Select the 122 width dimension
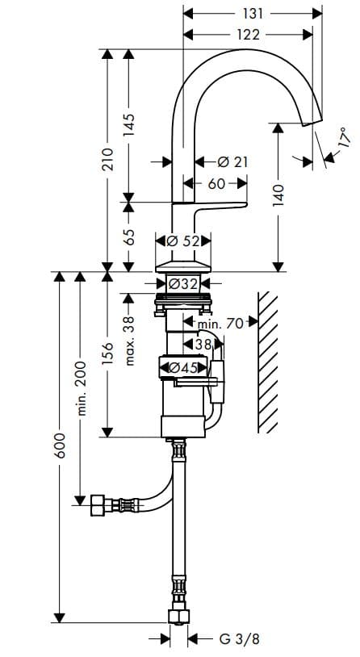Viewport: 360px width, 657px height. coord(249,34)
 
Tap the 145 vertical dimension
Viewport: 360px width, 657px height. coord(128,124)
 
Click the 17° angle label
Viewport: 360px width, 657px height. coord(342,137)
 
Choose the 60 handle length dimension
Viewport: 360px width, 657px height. coord(216,184)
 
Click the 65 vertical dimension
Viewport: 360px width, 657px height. coord(128,239)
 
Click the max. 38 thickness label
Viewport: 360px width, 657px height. coord(128,340)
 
